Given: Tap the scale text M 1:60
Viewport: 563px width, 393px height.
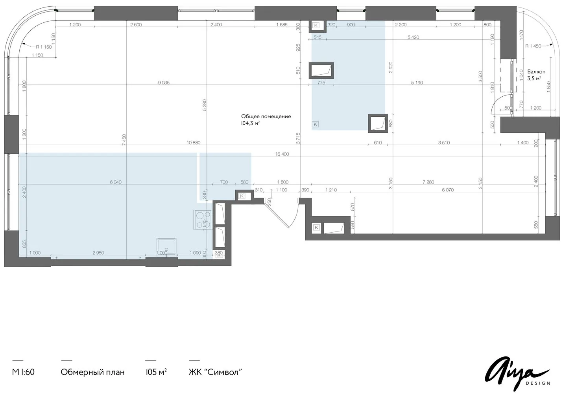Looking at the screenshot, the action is tap(23, 372).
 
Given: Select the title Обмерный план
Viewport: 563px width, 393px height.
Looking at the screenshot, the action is tap(92, 372).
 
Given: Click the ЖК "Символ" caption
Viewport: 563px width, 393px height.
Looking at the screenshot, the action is tap(215, 372).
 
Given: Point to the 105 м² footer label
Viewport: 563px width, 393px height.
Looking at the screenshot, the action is tap(156, 372).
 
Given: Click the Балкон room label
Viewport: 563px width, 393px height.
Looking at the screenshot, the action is tap(536, 72).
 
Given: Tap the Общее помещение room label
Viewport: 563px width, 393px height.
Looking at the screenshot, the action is tap(266, 116).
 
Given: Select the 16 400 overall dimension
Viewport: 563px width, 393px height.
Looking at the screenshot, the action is tap(282, 154).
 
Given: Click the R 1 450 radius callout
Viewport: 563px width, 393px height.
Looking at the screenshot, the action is tap(533, 46).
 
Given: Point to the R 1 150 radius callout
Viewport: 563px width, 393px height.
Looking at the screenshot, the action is tap(44, 47).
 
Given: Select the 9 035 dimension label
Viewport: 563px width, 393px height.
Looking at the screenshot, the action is tap(164, 83).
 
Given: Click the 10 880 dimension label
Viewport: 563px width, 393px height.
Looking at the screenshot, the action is tap(194, 143).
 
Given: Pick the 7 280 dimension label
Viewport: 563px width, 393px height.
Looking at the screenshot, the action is tap(428, 182).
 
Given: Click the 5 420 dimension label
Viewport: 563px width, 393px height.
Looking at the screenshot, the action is tap(413, 37).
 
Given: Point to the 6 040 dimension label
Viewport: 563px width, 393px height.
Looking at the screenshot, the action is tap(116, 182).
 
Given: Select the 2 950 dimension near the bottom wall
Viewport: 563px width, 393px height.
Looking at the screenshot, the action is tap(98, 253).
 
